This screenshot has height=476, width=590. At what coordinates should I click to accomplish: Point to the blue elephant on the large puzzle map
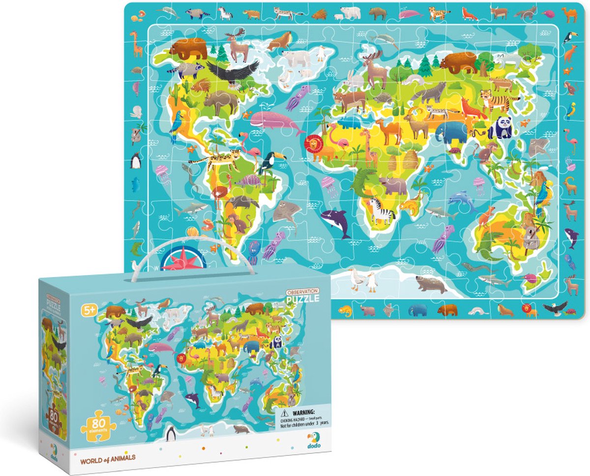click(450, 132)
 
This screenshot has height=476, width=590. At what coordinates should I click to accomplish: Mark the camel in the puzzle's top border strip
click(569, 15)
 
